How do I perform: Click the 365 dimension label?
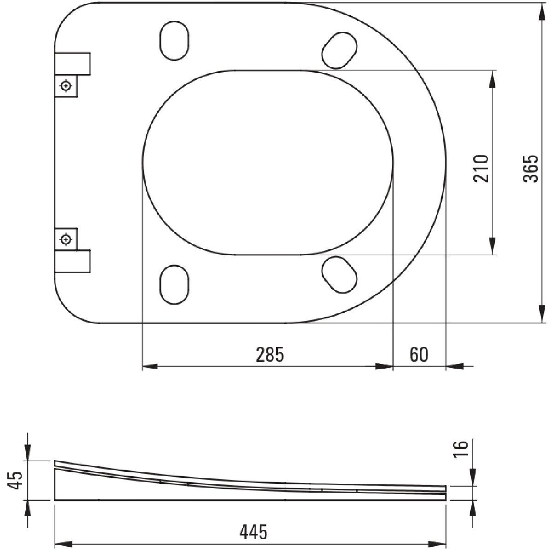click(x=530, y=169)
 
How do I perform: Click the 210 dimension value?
click(x=481, y=169)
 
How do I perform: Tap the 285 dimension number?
click(x=270, y=355)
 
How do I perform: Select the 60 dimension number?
click(x=419, y=355)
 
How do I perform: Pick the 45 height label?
click(x=15, y=480)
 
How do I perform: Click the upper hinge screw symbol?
click(x=66, y=86)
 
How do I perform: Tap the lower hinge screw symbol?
click(x=66, y=239)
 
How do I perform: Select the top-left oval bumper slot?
click(x=175, y=41)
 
